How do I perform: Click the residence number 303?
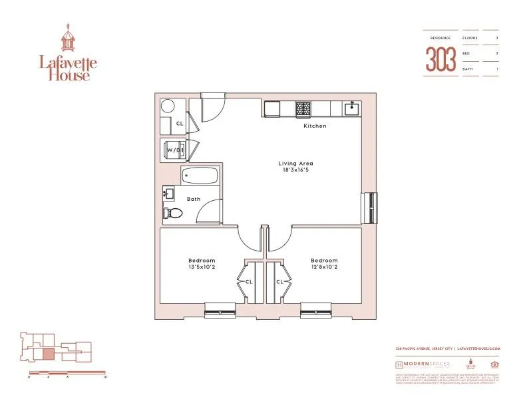coord(441,60)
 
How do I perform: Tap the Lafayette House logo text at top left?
coord(67,68)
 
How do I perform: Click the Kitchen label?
coord(315,126)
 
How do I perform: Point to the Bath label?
coord(194,199)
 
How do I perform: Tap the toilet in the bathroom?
coord(173,213)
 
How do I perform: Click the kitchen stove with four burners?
coord(303,108)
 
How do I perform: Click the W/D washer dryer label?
coord(174,150)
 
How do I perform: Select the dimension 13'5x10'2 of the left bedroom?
coord(201,268)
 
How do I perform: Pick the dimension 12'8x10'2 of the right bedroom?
coord(323,268)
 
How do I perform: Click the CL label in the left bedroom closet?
coord(248,282)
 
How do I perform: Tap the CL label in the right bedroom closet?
coord(279,282)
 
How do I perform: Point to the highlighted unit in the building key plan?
coord(49,354)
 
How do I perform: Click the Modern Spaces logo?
coord(423,364)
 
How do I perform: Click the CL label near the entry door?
coord(179,123)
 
